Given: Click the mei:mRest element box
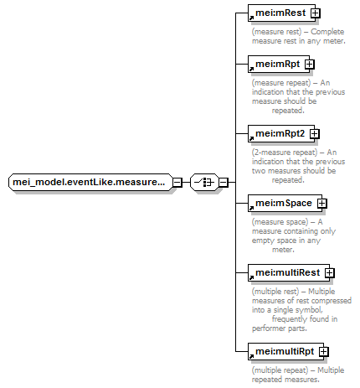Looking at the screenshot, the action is (281, 13).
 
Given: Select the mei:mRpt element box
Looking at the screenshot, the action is (279, 64).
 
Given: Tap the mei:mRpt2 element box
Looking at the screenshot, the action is (281, 133).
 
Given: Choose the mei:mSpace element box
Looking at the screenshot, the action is (285, 203).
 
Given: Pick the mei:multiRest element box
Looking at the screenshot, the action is (289, 272).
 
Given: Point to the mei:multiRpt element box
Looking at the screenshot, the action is (285, 351).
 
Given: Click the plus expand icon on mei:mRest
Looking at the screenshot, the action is (316, 13).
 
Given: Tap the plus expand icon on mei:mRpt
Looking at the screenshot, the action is (310, 64).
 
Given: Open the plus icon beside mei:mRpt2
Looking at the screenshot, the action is (315, 133).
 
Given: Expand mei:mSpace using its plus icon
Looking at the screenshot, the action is (322, 203).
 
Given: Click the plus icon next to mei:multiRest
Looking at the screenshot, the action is (330, 272).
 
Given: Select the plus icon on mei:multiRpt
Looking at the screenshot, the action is (324, 351).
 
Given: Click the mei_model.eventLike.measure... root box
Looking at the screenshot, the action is (90, 182).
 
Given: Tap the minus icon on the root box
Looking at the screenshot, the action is (177, 182).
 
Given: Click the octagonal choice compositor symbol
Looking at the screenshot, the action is (204, 182).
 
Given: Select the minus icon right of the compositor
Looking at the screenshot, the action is (224, 182).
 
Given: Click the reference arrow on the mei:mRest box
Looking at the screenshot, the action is (251, 18).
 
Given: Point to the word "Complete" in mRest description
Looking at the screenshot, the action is (327, 32).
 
